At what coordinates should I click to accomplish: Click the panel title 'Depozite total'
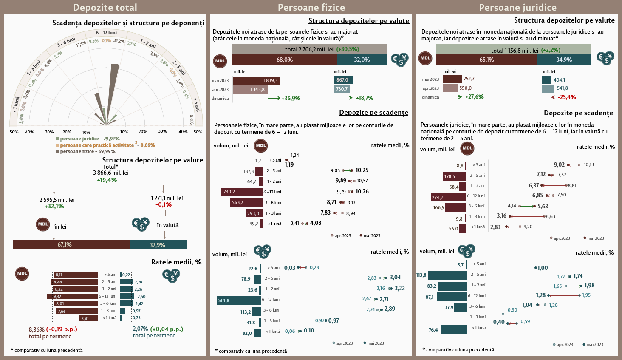(x=105, y=7)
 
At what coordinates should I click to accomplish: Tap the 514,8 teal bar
(x=239, y=300)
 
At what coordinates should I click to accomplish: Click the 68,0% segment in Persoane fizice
(x=284, y=60)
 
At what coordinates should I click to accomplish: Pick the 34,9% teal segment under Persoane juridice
(x=564, y=60)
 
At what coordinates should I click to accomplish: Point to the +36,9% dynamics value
(x=291, y=98)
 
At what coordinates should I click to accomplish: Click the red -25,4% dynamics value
(x=567, y=97)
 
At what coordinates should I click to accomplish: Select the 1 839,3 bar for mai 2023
(x=257, y=80)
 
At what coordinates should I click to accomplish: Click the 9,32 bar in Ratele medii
(x=73, y=296)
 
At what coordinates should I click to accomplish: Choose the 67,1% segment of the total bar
(x=71, y=244)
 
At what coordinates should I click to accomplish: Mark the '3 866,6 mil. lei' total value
(x=110, y=173)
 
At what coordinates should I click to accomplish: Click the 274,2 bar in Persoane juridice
(x=449, y=197)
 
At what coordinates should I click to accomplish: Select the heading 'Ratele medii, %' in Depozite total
(x=176, y=262)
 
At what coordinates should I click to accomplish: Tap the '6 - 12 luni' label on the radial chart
(x=106, y=33)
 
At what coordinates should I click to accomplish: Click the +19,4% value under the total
(x=107, y=180)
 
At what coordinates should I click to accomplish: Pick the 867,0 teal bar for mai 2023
(x=343, y=80)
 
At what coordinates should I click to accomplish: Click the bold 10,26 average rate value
(x=362, y=192)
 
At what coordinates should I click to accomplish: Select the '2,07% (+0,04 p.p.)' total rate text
(x=158, y=329)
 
